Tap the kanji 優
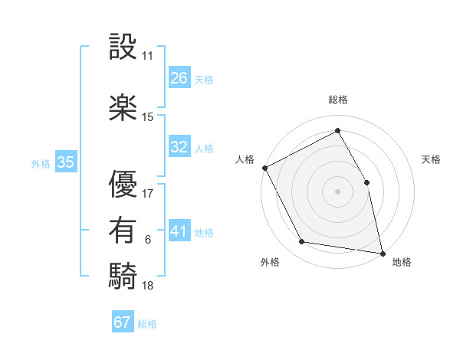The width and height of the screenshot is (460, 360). tap(123, 183)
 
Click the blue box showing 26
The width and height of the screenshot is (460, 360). tap(179, 78)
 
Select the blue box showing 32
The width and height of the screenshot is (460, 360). tap(179, 147)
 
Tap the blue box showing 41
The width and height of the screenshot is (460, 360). tap(179, 231)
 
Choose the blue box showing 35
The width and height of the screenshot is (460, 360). tap(66, 162)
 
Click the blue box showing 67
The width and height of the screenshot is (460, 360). tap(123, 322)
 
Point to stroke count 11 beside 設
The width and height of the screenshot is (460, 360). tap(148, 57)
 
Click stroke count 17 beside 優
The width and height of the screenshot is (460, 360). tap(148, 193)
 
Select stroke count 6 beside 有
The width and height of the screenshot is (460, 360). tap(148, 240)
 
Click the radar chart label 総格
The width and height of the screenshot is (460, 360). tap(337, 100)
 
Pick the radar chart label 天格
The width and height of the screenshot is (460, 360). tap(432, 159)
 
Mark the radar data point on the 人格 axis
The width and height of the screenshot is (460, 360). tap(264, 167)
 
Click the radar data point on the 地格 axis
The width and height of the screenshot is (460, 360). tap(382, 252)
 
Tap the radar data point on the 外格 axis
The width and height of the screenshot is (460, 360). tap(302, 243)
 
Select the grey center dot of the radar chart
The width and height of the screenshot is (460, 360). tap(337, 191)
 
